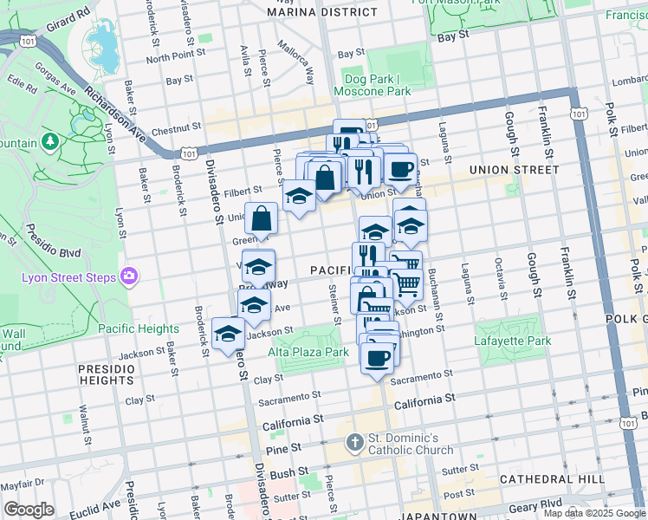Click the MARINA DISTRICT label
pyautogui.click(x=322, y=12)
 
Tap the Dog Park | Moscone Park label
pyautogui.click(x=375, y=85)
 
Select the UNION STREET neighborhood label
pyautogui.click(x=514, y=170)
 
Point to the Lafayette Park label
pyautogui.click(x=513, y=341)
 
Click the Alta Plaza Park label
pyautogui.click(x=308, y=352)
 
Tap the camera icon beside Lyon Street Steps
pyautogui.click(x=129, y=276)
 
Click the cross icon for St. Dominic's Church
pyautogui.click(x=353, y=443)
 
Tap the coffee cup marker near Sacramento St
pyautogui.click(x=376, y=358)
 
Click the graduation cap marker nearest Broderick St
pyautogui.click(x=228, y=334)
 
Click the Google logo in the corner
pyautogui.click(x=29, y=510)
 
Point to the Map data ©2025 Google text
pyautogui.click(x=593, y=513)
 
